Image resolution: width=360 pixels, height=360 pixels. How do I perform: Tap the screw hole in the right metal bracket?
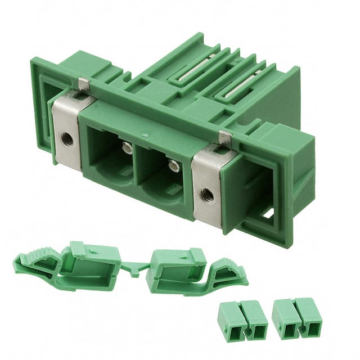point(208,193)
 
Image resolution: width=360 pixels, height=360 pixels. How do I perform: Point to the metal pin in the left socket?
point(128,147)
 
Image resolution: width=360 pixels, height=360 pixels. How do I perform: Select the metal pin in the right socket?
point(174,165)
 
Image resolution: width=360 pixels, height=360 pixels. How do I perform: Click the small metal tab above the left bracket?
point(84,84)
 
